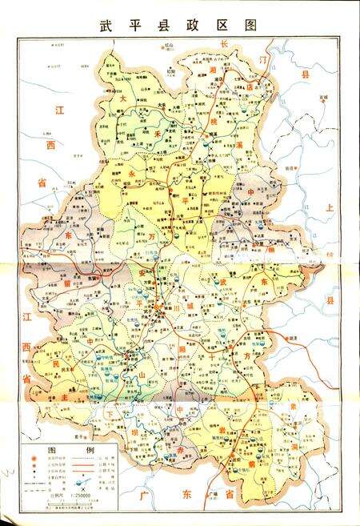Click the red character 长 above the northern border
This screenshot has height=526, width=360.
pyautogui.click(x=225, y=42)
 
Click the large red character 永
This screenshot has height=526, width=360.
pyautogui.click(x=132, y=169)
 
